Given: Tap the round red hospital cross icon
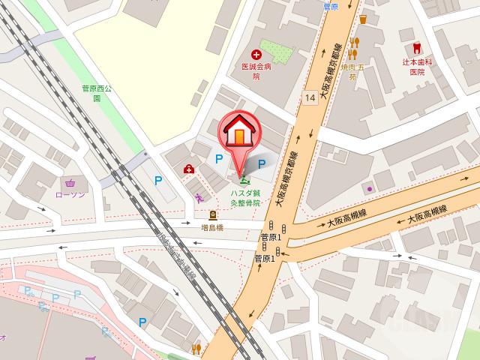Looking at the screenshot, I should pos(256,54).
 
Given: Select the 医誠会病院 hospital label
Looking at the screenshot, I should pos(256,70).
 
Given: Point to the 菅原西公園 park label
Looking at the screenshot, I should pos(96,92).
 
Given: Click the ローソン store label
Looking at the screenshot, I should pos(70,194).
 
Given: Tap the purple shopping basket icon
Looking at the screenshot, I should pos(70,181).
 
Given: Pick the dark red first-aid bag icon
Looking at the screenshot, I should pos(189,169).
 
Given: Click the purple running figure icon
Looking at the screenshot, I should pos(199,199).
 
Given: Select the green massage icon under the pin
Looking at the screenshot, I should pos(244,180).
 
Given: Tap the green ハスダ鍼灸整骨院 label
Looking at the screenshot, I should pos(245,197).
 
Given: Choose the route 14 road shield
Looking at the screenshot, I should pos(310,97).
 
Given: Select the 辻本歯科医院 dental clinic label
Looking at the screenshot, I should pos(417,67).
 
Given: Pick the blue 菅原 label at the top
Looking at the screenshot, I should pos(331,6).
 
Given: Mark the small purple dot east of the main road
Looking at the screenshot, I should pos(369,188).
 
